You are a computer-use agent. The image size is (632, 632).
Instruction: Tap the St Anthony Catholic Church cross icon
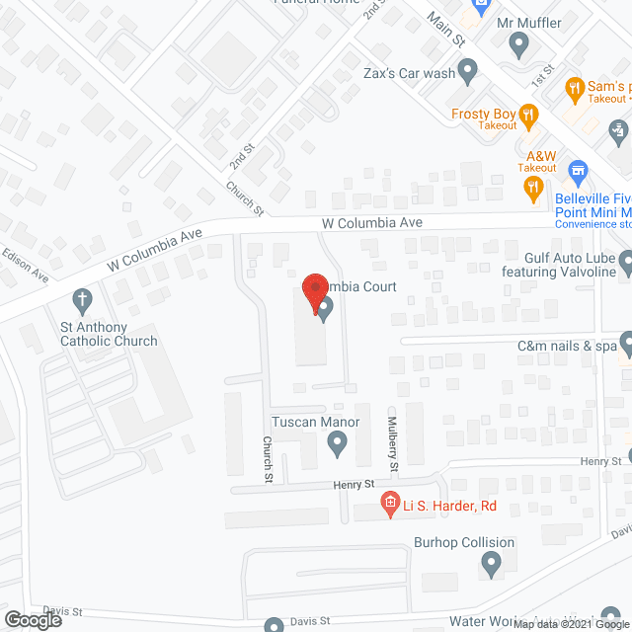[x=84, y=299]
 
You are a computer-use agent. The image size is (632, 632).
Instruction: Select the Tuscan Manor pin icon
[x=338, y=447]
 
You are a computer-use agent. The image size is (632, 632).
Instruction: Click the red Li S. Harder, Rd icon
[x=390, y=506]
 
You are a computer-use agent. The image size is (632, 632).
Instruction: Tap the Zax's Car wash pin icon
[x=469, y=69]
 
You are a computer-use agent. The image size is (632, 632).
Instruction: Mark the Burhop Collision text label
[x=465, y=542]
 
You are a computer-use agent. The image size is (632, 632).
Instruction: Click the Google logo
[x=32, y=618]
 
